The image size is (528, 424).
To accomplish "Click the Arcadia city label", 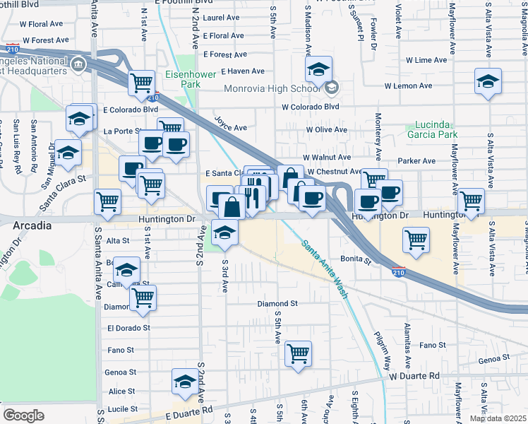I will coord(32,225).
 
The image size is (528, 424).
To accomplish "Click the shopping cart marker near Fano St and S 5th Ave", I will coord(298,353).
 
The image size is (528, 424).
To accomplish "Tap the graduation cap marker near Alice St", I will coord(184,382).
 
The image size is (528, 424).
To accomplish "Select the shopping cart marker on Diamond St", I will coord(142,297).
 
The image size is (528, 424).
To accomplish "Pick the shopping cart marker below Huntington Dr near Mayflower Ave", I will coord(416,240).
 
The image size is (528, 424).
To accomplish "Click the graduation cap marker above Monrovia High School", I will coord(318,69).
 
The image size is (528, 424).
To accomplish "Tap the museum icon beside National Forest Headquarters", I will coord(78,66).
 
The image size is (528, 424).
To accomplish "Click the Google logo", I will coord(23,416).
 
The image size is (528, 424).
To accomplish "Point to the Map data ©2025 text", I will coord(498,418).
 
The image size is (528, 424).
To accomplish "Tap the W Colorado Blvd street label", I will coord(311,107).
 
